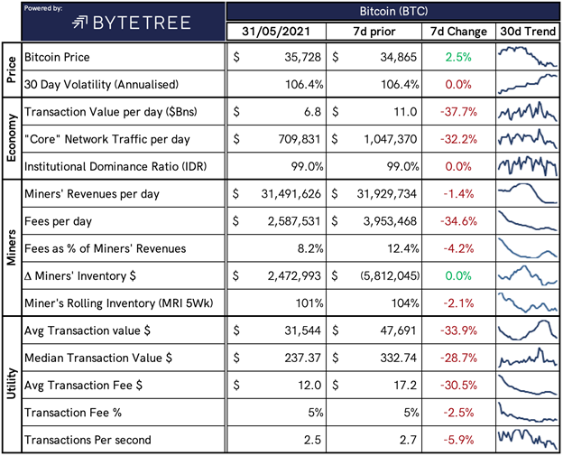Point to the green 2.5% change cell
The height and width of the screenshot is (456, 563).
[456, 57]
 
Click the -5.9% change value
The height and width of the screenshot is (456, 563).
[456, 440]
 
